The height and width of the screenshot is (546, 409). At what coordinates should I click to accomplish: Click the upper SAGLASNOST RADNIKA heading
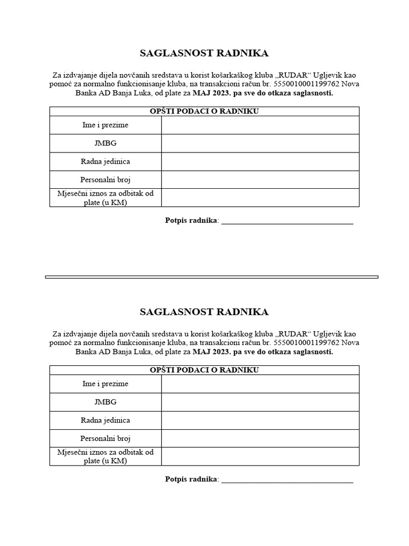[x=204, y=53]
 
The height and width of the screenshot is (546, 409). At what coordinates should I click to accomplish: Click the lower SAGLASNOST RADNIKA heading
[x=204, y=312]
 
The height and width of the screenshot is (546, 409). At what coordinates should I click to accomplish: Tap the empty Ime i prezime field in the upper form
[x=260, y=125]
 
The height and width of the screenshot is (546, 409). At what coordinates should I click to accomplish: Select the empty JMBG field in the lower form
[x=260, y=402]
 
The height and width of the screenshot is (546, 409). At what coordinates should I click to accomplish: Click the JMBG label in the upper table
[x=105, y=143]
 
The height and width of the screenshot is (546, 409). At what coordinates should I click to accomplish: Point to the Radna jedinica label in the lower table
[x=105, y=420]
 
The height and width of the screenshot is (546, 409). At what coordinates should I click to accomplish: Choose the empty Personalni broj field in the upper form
[x=260, y=180]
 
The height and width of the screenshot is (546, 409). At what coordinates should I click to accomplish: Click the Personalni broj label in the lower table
[x=105, y=438]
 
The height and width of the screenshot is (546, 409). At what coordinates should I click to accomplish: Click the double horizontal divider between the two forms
[x=211, y=277]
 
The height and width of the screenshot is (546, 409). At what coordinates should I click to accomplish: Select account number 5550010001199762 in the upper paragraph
[x=306, y=84]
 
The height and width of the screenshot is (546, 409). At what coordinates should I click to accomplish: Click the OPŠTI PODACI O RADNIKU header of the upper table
[x=204, y=111]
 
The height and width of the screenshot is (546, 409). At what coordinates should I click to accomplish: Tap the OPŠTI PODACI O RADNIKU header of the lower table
[x=204, y=370]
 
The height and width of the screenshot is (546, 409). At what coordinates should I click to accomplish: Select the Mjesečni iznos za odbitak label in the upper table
[x=105, y=198]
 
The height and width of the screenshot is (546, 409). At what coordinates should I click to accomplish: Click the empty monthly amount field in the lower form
[x=260, y=456]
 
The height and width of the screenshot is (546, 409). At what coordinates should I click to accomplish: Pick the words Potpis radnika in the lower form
[x=191, y=479]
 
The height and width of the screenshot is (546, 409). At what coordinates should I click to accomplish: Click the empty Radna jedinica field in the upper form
[x=260, y=162]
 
